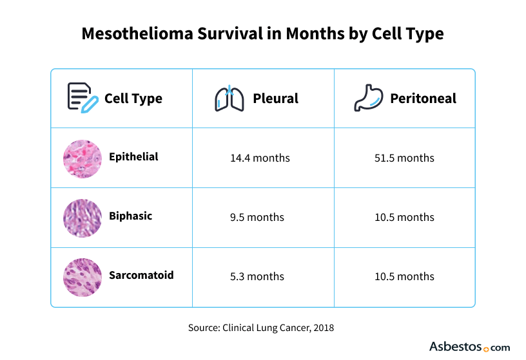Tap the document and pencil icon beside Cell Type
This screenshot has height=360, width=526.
[x=83, y=98]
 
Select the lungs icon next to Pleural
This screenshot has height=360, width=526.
[x=229, y=98]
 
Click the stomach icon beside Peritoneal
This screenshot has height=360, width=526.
[x=368, y=98]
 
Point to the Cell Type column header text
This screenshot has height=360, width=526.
[x=133, y=99]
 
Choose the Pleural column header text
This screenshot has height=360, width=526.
[x=275, y=99]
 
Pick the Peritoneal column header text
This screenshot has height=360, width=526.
[x=423, y=99]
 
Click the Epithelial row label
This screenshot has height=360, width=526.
[x=133, y=156]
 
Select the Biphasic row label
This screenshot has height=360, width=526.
[x=130, y=216]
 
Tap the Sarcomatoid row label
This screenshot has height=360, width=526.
[x=141, y=275]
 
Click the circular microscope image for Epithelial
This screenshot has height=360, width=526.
[x=83, y=158]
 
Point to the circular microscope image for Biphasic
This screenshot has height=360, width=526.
[x=83, y=218]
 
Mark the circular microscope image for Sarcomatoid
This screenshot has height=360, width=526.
[x=83, y=277]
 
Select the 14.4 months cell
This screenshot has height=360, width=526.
[x=260, y=158]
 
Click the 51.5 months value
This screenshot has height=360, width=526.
[x=404, y=158]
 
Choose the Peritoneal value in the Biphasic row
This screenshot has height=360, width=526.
[x=404, y=217]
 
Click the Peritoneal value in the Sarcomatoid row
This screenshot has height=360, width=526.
[x=404, y=276]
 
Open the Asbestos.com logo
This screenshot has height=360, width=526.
[x=469, y=346]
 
